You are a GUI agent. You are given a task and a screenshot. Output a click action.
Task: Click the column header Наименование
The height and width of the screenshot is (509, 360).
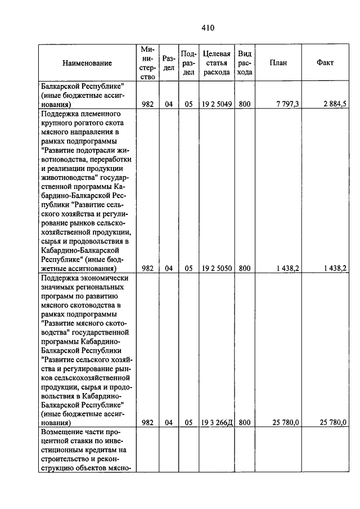(87, 63)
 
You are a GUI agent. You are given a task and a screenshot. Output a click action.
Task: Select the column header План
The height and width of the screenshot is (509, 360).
(278, 63)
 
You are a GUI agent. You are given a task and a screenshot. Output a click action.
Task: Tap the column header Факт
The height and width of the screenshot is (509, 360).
(325, 63)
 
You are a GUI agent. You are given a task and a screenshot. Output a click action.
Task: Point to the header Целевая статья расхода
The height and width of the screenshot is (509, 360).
(217, 63)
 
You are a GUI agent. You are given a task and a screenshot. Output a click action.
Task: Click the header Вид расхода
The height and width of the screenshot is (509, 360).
(245, 63)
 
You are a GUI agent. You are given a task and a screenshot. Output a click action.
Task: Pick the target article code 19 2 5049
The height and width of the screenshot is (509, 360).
(217, 104)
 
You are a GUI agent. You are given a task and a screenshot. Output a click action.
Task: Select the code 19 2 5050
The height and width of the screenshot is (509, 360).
(217, 269)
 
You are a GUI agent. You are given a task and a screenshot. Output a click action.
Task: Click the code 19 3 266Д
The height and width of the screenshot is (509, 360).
(217, 422)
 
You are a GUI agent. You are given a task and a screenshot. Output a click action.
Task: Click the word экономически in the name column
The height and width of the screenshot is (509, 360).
(105, 278)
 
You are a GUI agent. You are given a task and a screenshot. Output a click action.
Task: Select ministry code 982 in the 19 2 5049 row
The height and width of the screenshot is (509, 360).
(147, 104)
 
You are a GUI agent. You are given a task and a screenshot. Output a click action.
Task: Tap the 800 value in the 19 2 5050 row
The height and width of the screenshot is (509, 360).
(244, 269)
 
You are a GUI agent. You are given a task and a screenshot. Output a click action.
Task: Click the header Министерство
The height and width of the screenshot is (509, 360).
(147, 63)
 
